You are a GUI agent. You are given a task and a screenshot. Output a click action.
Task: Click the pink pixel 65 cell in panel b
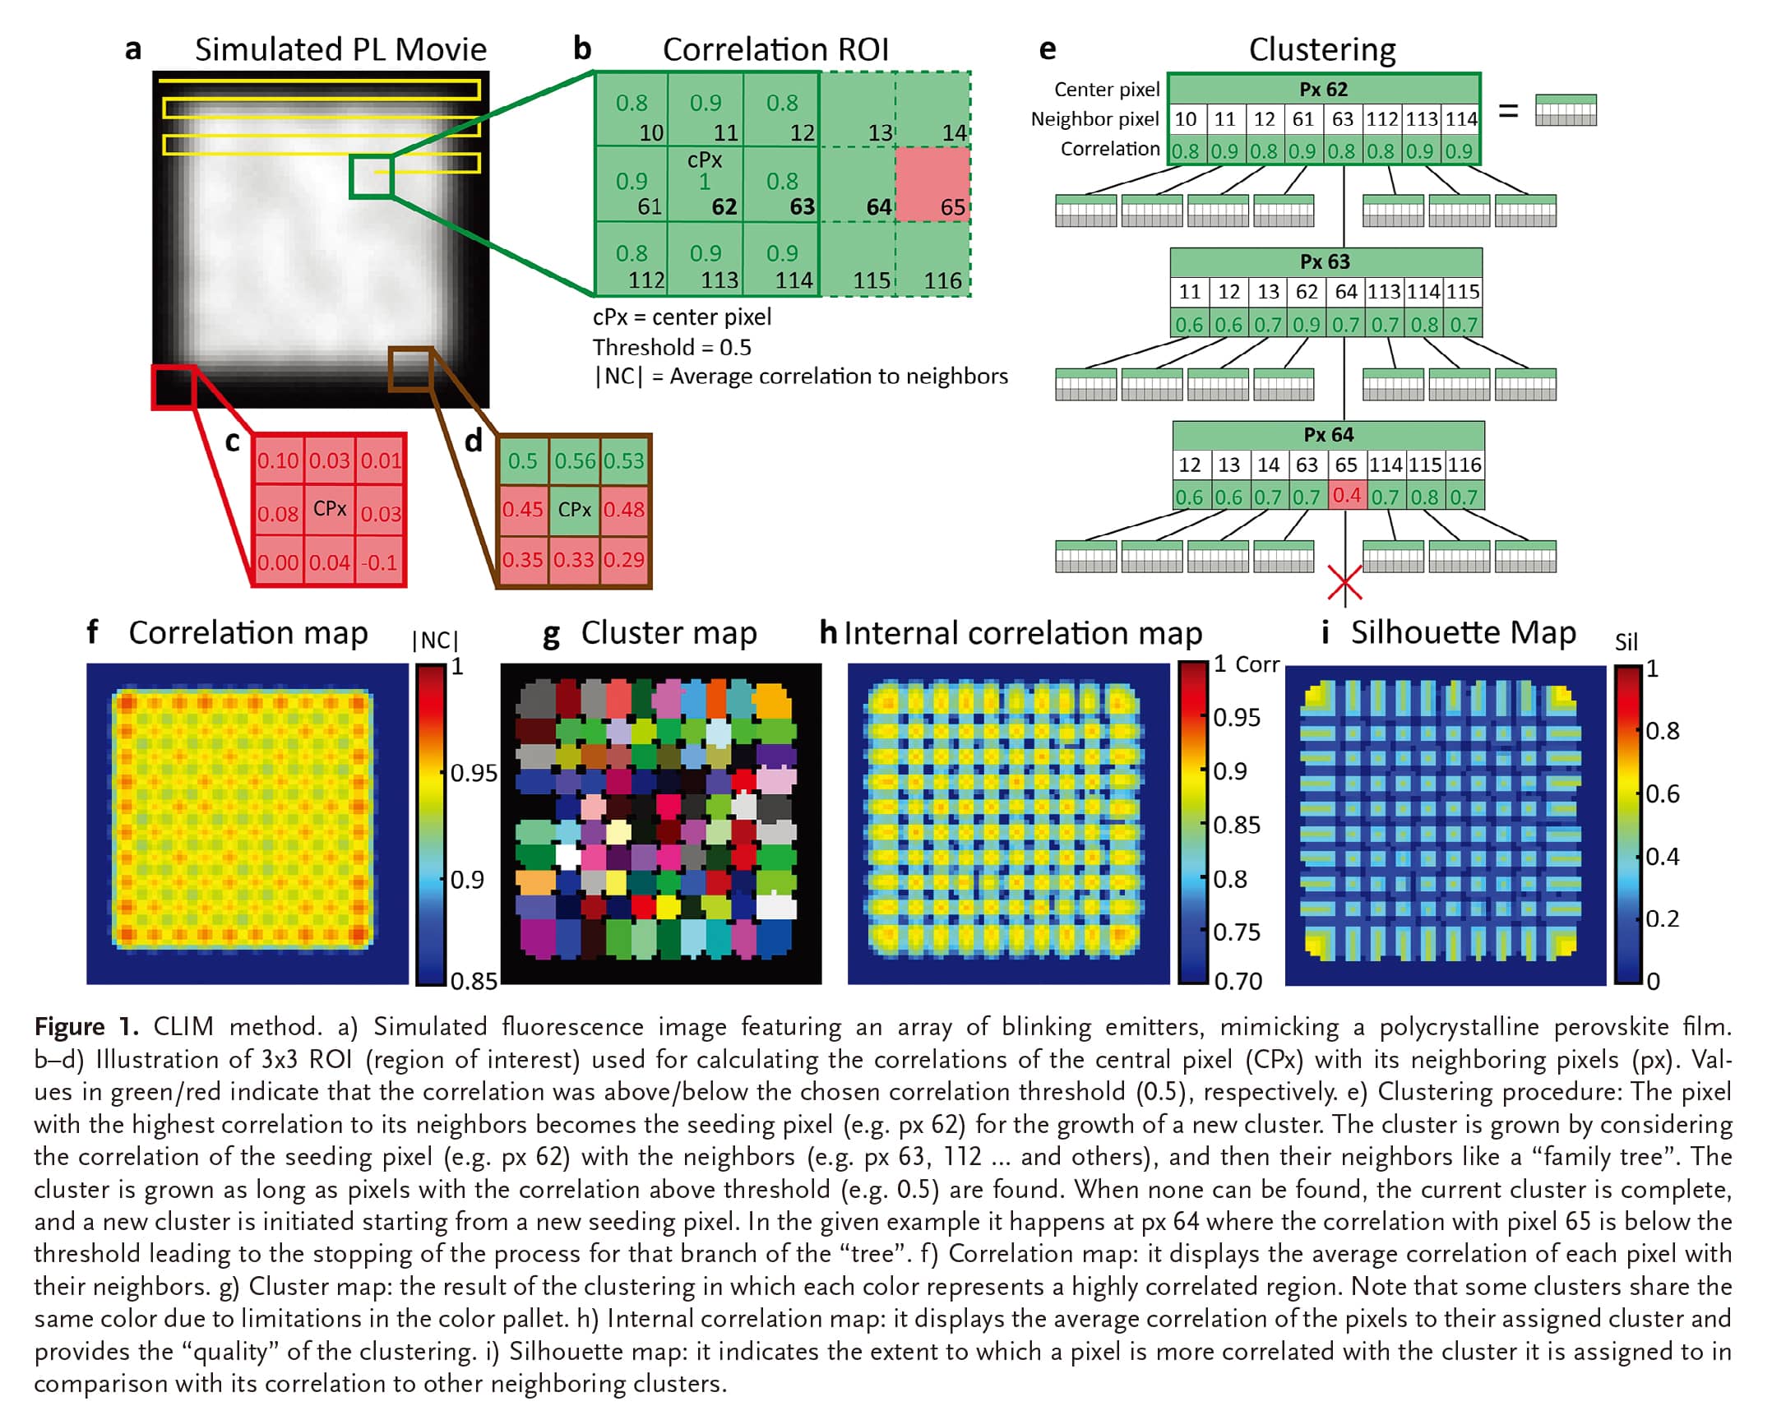click(932, 184)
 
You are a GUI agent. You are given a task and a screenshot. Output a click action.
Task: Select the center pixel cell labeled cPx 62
click(706, 184)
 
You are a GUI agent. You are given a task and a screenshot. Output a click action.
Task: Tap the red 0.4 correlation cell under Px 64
click(1347, 496)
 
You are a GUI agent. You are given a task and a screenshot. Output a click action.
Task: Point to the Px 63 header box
click(1326, 262)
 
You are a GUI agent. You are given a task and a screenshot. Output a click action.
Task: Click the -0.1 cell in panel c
click(380, 562)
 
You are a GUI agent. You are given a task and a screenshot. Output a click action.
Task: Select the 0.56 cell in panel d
click(575, 460)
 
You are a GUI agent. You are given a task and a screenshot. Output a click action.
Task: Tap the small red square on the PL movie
click(173, 386)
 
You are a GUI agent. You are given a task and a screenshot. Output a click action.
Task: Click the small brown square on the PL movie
click(410, 369)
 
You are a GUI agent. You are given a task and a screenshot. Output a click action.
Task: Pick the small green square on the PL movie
click(372, 176)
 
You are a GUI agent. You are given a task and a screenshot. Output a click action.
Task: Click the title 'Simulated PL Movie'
click(340, 49)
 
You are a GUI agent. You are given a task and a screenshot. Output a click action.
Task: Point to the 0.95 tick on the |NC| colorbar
click(473, 773)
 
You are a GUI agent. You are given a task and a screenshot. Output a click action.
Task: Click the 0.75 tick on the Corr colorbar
click(1236, 932)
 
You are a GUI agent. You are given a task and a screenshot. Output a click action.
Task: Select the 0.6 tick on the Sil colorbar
click(1662, 793)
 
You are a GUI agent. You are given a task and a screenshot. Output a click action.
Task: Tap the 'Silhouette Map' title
click(1464, 632)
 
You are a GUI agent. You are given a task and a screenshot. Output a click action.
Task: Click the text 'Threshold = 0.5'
click(672, 347)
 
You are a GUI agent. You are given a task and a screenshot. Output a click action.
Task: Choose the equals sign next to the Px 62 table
click(1508, 110)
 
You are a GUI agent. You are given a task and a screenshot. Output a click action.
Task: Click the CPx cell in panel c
click(330, 509)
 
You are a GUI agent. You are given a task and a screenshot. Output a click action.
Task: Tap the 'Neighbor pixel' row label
click(1095, 119)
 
